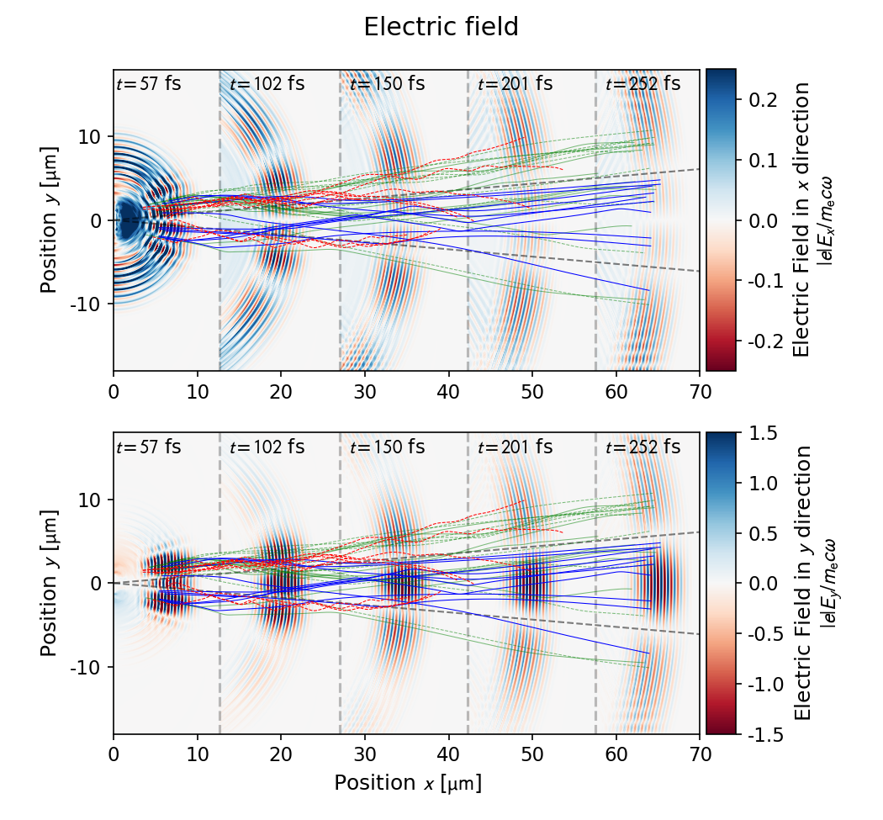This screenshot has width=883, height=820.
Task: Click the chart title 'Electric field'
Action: [441, 28]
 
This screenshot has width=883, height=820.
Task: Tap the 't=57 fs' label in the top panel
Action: [148, 84]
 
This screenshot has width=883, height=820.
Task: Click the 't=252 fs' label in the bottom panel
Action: [642, 447]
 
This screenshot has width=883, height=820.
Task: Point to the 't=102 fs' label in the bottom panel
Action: [267, 447]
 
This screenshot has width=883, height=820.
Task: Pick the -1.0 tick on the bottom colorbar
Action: [759, 684]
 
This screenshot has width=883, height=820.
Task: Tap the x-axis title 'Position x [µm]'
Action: [408, 783]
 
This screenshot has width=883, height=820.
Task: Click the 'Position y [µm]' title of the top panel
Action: [50, 221]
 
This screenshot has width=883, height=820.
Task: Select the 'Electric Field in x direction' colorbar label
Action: [803, 220]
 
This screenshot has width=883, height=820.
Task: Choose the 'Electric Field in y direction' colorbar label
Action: [803, 583]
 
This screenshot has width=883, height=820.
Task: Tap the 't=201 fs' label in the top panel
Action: [515, 84]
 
